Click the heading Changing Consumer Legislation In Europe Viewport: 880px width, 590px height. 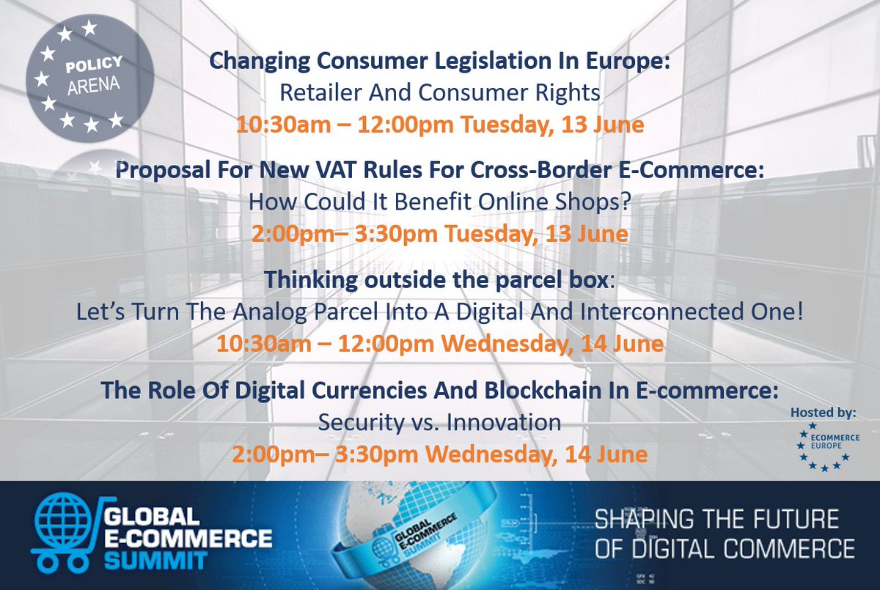tap(439, 62)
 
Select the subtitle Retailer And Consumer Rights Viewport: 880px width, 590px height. tap(439, 93)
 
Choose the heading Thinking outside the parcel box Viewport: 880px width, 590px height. tap(437, 280)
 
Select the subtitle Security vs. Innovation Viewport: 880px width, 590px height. tap(439, 422)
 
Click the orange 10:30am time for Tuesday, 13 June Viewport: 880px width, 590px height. tap(272, 125)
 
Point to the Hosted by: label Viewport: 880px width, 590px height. tap(823, 413)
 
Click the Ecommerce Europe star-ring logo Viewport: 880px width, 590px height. tap(824, 446)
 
